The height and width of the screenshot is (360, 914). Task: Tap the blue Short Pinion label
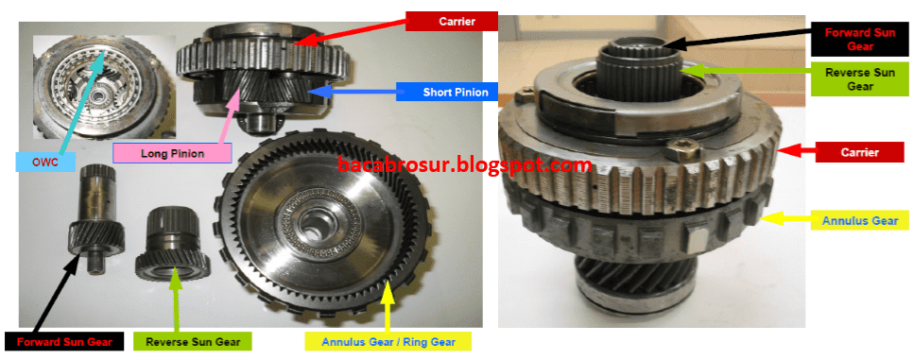pyautogui.click(x=441, y=92)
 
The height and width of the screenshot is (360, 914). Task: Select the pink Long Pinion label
pyautogui.click(x=172, y=151)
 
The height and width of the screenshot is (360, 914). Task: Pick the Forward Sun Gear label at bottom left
pyautogui.click(x=64, y=340)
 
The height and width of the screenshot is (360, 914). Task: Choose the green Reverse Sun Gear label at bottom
pyautogui.click(x=192, y=340)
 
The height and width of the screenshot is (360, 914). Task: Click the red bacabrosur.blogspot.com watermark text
pyautogui.click(x=464, y=165)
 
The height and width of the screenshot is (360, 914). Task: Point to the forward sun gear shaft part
pyautogui.click(x=97, y=213)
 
